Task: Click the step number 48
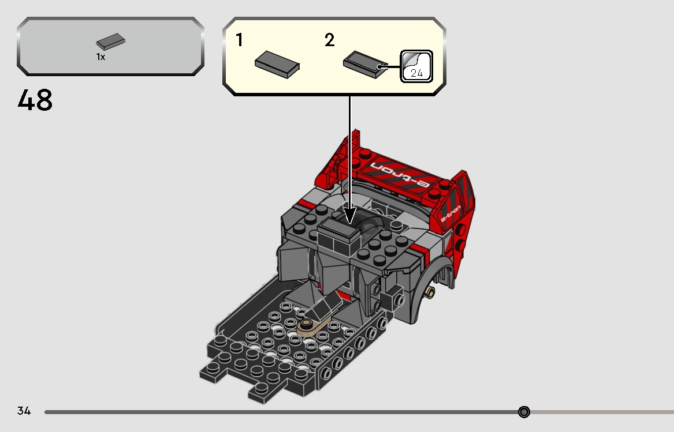(x=35, y=101)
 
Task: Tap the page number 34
(x=24, y=411)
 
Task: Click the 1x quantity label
(x=100, y=57)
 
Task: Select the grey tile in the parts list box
(x=111, y=42)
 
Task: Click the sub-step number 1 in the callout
(x=239, y=40)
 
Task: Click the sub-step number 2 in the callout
(x=329, y=40)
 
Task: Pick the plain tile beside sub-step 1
(x=277, y=63)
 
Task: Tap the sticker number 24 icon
(x=416, y=66)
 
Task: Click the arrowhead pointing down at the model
(x=349, y=216)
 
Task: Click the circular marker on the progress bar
(x=524, y=412)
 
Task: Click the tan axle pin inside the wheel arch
(x=430, y=292)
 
